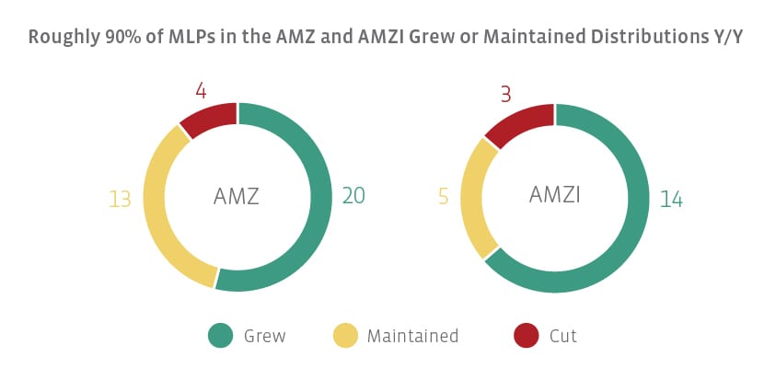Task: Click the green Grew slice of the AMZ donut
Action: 318,216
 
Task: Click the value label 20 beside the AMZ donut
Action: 353,195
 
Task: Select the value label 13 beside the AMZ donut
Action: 120,199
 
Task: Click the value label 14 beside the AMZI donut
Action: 671,199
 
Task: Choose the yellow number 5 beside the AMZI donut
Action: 443,197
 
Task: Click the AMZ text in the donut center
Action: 237,196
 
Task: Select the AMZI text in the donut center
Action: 554,195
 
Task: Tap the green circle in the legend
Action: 221,336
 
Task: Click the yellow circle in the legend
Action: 343,336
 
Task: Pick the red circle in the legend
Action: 526,336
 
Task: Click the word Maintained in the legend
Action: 412,336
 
